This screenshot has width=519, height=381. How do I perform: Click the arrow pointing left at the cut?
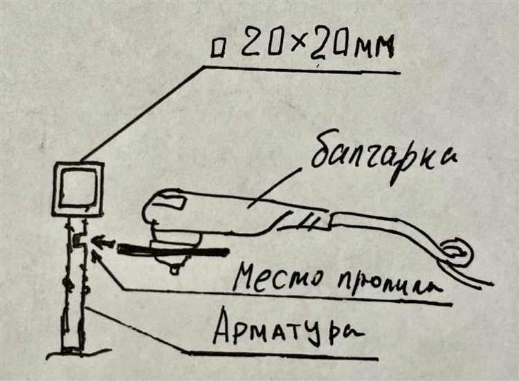[103, 243]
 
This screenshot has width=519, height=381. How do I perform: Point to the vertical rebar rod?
[73, 290]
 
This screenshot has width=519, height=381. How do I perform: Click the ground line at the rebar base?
[73, 355]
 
